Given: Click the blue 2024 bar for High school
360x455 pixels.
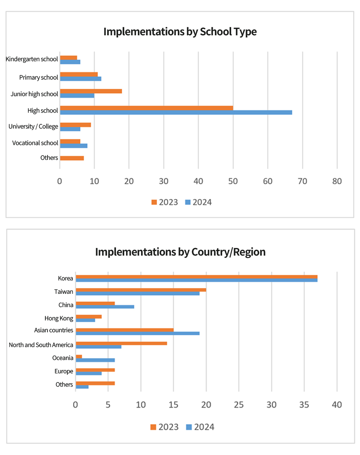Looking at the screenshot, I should pyautogui.click(x=176, y=112).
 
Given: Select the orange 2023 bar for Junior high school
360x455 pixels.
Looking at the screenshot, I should pyautogui.click(x=91, y=91).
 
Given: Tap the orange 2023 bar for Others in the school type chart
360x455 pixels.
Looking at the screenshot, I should pyautogui.click(x=72, y=158).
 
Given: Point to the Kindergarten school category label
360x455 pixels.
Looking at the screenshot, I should pyautogui.click(x=32, y=59).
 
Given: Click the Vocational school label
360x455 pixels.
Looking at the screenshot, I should pyautogui.click(x=35, y=143).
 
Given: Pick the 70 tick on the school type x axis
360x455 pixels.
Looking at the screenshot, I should pyautogui.click(x=302, y=181).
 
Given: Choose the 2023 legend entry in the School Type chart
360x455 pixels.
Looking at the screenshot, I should pyautogui.click(x=165, y=202).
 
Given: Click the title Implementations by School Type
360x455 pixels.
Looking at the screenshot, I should pyautogui.click(x=180, y=32).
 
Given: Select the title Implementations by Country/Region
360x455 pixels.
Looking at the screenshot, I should pyautogui.click(x=180, y=252).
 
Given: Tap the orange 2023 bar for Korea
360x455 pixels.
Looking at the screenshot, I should pyautogui.click(x=196, y=277).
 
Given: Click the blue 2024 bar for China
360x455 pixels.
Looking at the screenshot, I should pyautogui.click(x=105, y=307).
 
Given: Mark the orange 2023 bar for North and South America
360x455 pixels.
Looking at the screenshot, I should pyautogui.click(x=121, y=343).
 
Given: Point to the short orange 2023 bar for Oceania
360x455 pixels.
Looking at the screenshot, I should pyautogui.click(x=79, y=356).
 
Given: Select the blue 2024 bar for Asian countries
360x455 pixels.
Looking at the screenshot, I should pyautogui.click(x=138, y=333).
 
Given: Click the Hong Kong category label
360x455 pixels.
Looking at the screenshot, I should pyautogui.click(x=59, y=318).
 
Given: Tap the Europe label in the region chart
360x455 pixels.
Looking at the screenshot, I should pyautogui.click(x=64, y=371).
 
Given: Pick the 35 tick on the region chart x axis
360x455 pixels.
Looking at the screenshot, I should pyautogui.click(x=304, y=405).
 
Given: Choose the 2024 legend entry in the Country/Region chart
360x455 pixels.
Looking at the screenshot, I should pyautogui.click(x=200, y=427).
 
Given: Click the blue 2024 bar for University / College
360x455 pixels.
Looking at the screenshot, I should pyautogui.click(x=70, y=129).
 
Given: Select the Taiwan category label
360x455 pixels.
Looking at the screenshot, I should pyautogui.click(x=64, y=292).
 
